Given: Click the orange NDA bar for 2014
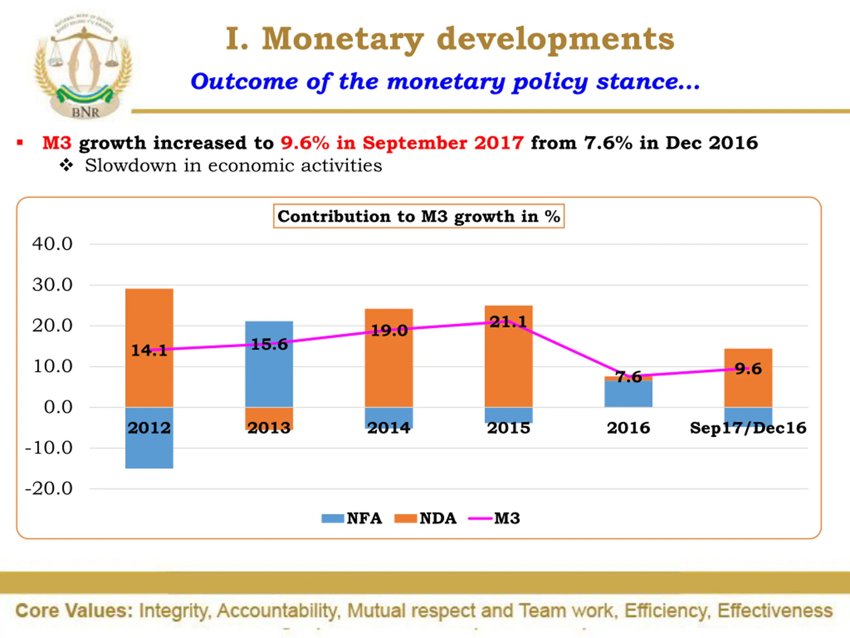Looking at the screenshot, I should click(x=389, y=369).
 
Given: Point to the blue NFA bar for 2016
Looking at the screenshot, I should click(x=628, y=394).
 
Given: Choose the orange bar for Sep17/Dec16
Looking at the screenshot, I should click(x=748, y=388).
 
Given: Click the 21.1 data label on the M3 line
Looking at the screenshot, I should click(x=508, y=322).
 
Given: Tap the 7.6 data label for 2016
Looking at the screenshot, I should click(x=629, y=377).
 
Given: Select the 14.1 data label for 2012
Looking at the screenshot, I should click(x=149, y=350).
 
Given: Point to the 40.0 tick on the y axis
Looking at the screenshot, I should click(x=52, y=244).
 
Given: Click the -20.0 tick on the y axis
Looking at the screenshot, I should click(x=49, y=488).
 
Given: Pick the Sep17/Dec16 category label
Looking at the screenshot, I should click(x=748, y=428).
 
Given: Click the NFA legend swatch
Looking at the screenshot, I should click(x=332, y=518).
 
